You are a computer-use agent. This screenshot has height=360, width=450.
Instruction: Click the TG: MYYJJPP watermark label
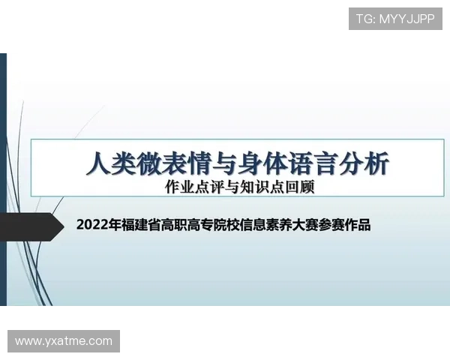(x=395, y=19)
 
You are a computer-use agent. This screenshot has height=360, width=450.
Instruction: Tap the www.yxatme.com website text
(x=64, y=341)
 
